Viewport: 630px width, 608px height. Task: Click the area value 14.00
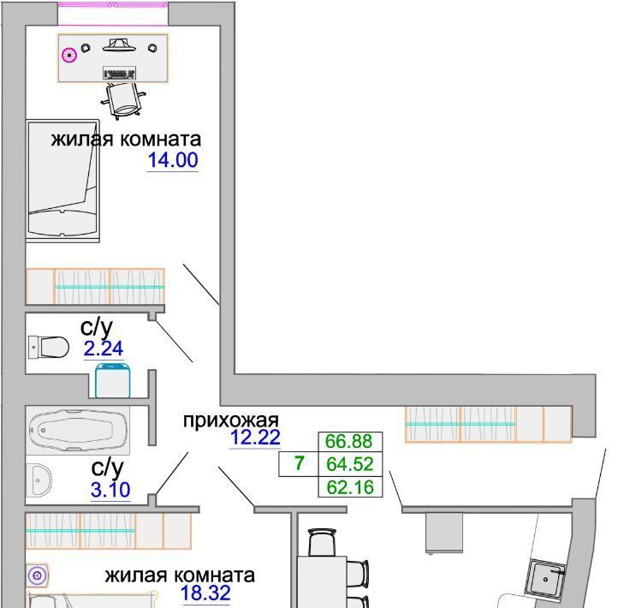pos(173,160)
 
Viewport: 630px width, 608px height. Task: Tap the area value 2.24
pos(104,349)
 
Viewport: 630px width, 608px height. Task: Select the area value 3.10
pos(110,490)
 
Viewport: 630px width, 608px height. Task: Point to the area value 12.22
pos(255,438)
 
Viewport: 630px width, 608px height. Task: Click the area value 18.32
pos(205,593)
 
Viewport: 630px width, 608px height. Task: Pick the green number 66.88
pos(348,441)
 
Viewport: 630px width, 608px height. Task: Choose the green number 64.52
pos(350,464)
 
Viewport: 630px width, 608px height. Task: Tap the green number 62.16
pos(350,487)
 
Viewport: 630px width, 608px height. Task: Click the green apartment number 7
pos(299,463)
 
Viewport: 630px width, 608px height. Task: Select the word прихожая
pos(230,420)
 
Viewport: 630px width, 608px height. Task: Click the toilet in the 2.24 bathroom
pos(49,347)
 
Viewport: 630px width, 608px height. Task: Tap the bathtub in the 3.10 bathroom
pos(78,431)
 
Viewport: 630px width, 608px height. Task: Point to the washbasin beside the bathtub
pos(39,480)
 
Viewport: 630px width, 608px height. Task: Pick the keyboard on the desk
pos(119,73)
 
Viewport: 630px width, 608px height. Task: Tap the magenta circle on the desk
pos(69,55)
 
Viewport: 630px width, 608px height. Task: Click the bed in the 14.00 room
pos(62,181)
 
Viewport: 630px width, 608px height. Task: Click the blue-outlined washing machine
pos(112,380)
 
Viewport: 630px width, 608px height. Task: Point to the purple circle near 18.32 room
pos(38,575)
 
